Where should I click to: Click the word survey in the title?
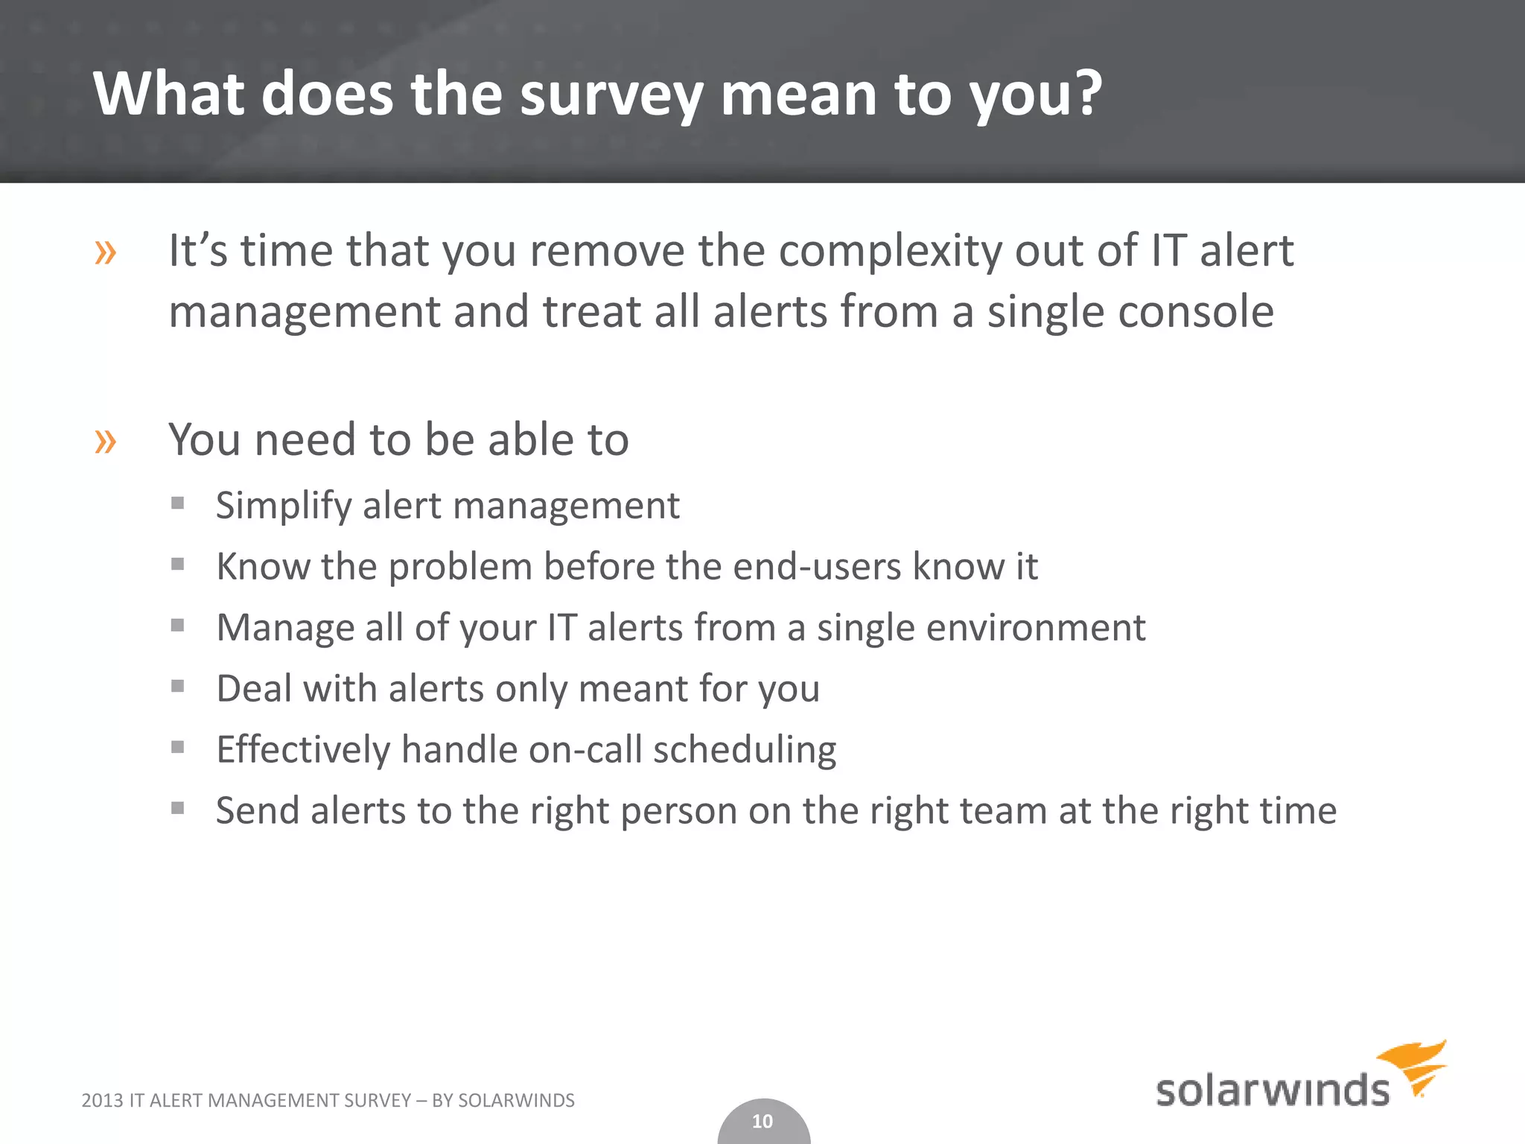pyautogui.click(x=611, y=95)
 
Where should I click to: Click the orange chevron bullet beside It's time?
pyautogui.click(x=106, y=253)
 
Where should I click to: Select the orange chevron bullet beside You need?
pyautogui.click(x=106, y=442)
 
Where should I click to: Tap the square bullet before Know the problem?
pyautogui.click(x=177, y=565)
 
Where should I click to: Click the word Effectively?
pyautogui.click(x=303, y=750)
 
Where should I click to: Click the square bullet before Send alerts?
pyautogui.click(x=177, y=808)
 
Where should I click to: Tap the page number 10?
pyautogui.click(x=762, y=1122)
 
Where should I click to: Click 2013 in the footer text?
pyautogui.click(x=101, y=1101)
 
